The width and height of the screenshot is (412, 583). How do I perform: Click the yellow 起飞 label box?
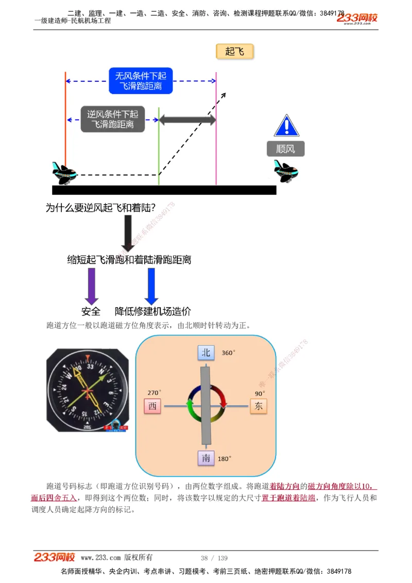[234, 52]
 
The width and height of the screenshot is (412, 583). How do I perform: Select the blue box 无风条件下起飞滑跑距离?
[141, 81]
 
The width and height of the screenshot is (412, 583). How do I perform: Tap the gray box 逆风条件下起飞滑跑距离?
[112, 119]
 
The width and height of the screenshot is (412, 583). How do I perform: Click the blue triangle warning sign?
[286, 126]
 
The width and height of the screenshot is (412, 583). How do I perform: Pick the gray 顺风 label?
[286, 149]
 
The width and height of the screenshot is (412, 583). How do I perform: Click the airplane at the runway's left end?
[64, 173]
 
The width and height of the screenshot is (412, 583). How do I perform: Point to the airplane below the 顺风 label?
[286, 170]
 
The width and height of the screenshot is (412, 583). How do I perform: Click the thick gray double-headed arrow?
[187, 120]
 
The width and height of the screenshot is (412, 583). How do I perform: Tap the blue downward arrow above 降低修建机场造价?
[151, 286]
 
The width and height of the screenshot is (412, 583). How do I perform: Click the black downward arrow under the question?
[127, 232]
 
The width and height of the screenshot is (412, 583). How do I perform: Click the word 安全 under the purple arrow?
[91, 312]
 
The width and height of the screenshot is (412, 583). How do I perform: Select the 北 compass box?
[206, 353]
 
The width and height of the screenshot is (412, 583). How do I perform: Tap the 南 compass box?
[206, 458]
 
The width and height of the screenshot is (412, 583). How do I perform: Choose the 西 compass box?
[152, 406]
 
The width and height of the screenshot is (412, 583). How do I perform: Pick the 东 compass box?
[259, 406]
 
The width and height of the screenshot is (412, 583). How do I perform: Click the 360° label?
[229, 353]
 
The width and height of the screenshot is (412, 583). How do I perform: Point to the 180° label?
[225, 458]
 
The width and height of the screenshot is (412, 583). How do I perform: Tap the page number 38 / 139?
[214, 558]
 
